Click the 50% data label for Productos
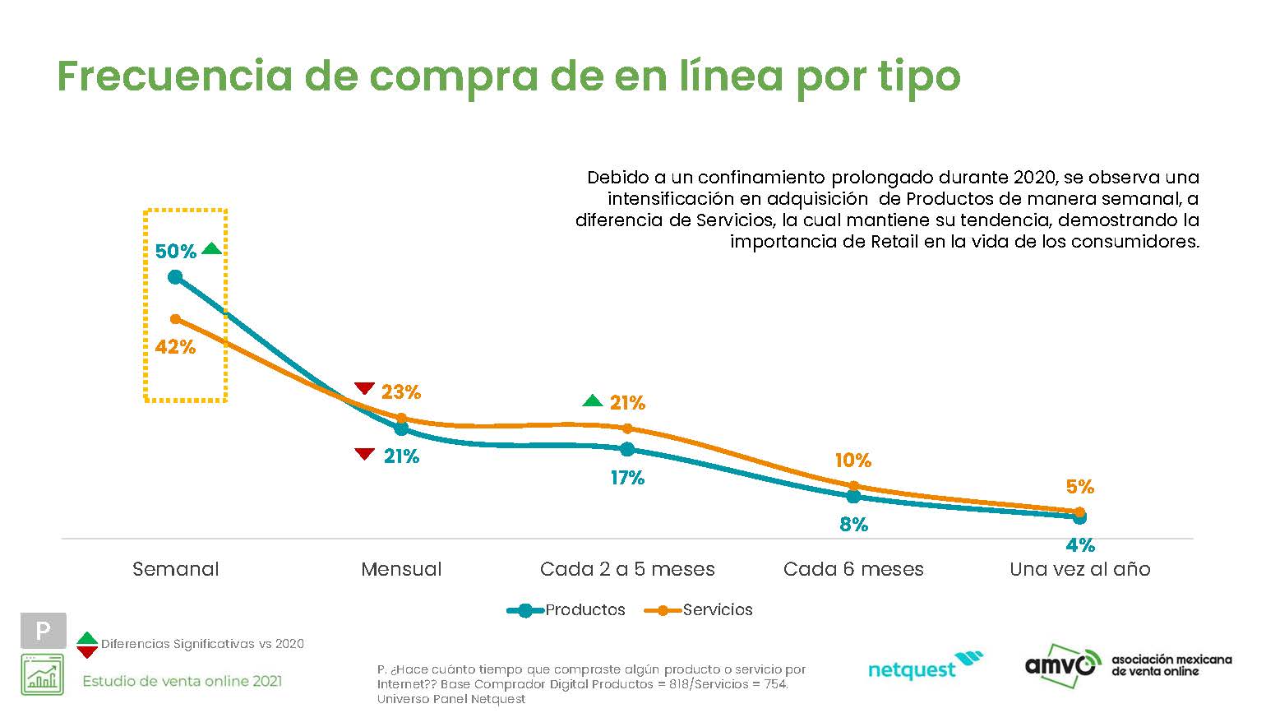(x=176, y=252)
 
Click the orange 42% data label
(x=175, y=347)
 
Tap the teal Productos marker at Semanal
(x=175, y=277)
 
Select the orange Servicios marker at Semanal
(x=175, y=319)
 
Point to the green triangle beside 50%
(x=211, y=249)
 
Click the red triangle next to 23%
(x=364, y=389)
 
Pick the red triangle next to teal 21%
(x=364, y=454)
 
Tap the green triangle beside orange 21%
(x=592, y=400)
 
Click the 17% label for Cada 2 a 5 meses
(x=627, y=478)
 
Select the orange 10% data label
(x=852, y=461)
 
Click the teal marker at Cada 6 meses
(x=853, y=497)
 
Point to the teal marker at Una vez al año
(x=1079, y=517)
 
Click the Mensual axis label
(x=401, y=569)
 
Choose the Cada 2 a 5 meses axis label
(x=627, y=569)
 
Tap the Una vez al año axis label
(x=1079, y=569)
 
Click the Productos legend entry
(x=567, y=610)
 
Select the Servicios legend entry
(x=700, y=610)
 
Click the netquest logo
(x=925, y=666)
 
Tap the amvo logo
(x=1060, y=662)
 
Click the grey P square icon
(x=43, y=631)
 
